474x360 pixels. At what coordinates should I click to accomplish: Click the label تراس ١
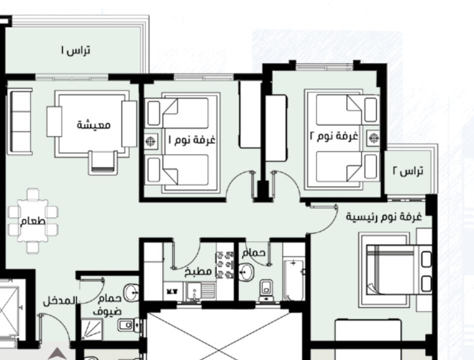pyautogui.click(x=75, y=50)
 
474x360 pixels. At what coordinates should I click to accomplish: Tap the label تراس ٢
pyautogui.click(x=408, y=171)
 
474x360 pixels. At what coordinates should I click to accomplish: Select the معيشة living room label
pyautogui.click(x=94, y=125)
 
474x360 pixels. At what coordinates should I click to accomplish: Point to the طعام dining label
pyautogui.click(x=32, y=221)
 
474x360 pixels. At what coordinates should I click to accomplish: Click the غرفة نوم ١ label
pyautogui.click(x=192, y=140)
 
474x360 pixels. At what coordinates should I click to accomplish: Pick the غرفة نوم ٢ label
pyautogui.click(x=334, y=136)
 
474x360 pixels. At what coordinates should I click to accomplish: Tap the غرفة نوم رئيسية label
pyautogui.click(x=384, y=217)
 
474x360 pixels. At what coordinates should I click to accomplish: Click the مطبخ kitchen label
pyautogui.click(x=198, y=272)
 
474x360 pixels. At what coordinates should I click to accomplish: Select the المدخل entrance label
pyautogui.click(x=59, y=301)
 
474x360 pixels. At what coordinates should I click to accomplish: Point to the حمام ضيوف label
pyautogui.click(x=108, y=305)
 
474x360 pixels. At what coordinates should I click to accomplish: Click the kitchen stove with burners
pyautogui.click(x=225, y=265)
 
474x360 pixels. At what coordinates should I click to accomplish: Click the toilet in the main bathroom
pyautogui.click(x=266, y=291)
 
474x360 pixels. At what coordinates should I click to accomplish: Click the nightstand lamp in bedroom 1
pyautogui.click(x=151, y=141)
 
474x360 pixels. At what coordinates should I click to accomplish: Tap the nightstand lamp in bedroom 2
pyautogui.click(x=374, y=138)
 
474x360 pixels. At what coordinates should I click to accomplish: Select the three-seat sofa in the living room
pyautogui.click(x=20, y=121)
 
